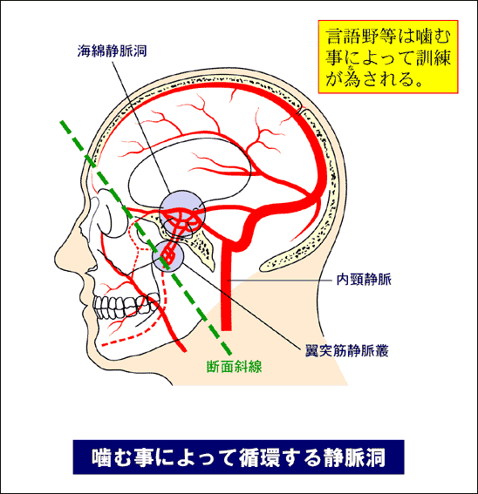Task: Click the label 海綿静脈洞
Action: (112, 51)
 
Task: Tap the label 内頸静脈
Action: (364, 280)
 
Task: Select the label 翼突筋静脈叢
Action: (346, 350)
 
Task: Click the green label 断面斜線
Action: (234, 367)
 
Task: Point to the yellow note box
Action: (388, 57)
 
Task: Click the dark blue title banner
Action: (238, 457)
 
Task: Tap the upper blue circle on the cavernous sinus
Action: (182, 213)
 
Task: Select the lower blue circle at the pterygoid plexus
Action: (167, 256)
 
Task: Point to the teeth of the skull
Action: (126, 308)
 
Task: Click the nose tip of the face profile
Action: (56, 258)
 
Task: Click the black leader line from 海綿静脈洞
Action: (141, 127)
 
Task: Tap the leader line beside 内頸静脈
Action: (281, 280)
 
